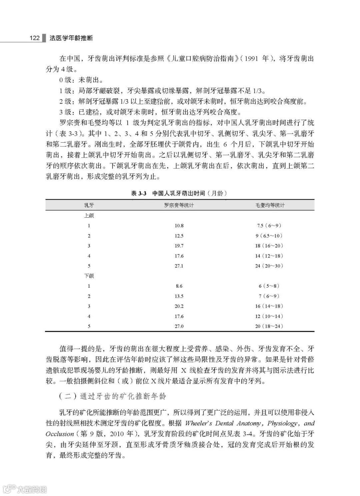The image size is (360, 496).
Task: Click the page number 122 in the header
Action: pos(35,38)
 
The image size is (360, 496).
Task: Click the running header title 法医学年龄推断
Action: pos(71,38)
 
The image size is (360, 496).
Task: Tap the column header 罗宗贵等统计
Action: pos(179,205)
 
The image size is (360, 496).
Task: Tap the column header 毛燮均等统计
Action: pos(270,205)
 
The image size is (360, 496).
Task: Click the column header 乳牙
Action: pos(89,205)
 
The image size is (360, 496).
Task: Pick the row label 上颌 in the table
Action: pos(89,216)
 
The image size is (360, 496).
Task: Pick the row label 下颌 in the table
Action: pos(89,276)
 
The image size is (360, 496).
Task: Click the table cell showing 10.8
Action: pos(179,226)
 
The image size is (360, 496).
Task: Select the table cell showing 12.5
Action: pos(179,236)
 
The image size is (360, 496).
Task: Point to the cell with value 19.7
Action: pos(179,246)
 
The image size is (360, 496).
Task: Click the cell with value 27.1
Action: pos(179,266)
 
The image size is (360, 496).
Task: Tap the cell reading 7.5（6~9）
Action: pos(269,226)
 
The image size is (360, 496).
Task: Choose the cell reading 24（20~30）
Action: pos(269,266)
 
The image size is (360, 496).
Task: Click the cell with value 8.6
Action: pos(179,286)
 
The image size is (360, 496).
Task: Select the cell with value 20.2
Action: pos(179,306)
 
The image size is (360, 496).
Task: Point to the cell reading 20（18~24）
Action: pos(269,326)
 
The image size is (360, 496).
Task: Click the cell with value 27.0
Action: pos(179,326)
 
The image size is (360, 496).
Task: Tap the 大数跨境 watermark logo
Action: pos(25,489)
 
